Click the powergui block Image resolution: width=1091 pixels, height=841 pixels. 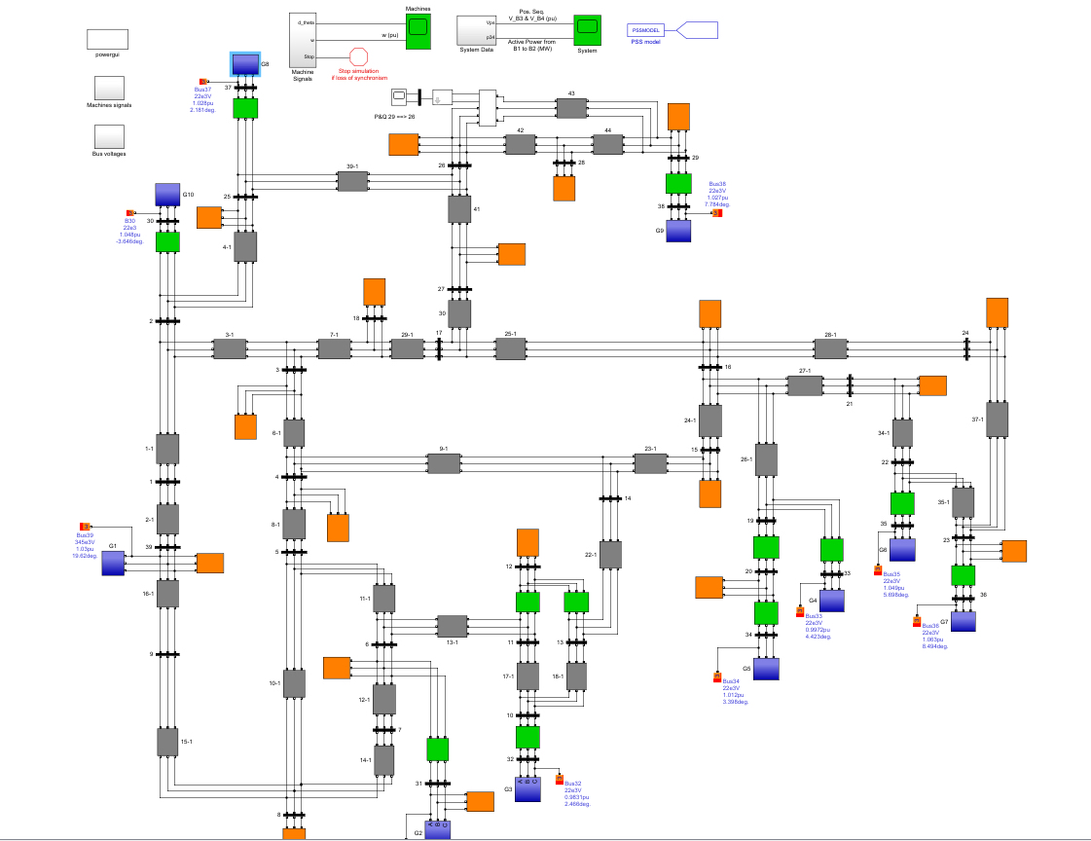click(108, 38)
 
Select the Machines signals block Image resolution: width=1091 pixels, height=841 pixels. click(108, 87)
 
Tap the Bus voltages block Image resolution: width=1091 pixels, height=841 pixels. click(108, 135)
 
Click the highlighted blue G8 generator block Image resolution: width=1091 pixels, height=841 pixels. click(245, 64)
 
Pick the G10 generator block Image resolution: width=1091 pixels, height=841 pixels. click(167, 195)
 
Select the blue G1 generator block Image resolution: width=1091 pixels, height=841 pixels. click(114, 563)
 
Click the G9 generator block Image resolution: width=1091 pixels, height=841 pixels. click(678, 231)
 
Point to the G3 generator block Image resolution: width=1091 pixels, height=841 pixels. click(527, 788)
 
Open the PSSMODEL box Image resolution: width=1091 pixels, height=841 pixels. click(646, 30)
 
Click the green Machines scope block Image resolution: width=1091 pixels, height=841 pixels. click(418, 32)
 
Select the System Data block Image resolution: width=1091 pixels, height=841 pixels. click(475, 30)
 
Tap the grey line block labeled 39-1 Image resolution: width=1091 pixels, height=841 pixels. click(351, 181)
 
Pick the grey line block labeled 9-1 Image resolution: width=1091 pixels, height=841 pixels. click(443, 463)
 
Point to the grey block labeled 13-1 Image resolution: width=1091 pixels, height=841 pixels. click(452, 626)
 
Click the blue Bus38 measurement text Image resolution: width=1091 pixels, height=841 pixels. click(718, 194)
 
